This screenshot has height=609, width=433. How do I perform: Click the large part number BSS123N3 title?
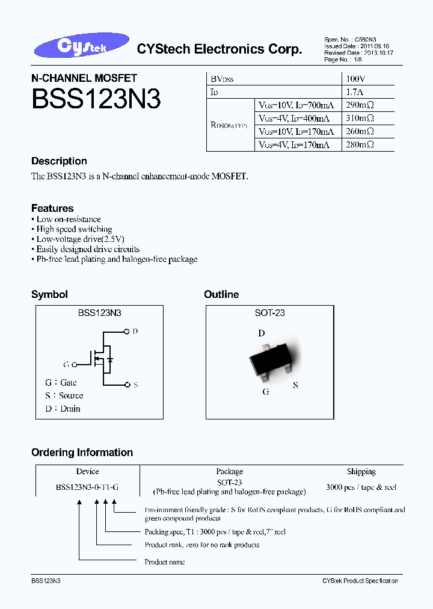click(x=96, y=99)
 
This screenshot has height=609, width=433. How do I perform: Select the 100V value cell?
click(x=356, y=79)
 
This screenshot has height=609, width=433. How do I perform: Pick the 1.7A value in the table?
click(x=355, y=92)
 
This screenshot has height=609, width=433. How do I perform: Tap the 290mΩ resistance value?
click(x=360, y=105)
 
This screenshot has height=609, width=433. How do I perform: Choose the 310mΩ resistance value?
click(x=360, y=118)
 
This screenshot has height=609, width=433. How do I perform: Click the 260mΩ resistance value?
click(x=360, y=131)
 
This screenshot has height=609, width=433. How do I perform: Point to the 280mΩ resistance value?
click(x=360, y=144)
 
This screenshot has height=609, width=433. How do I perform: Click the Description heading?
click(x=59, y=161)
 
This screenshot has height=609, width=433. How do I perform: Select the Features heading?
click(x=52, y=208)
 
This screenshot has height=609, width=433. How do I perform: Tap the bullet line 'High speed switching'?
click(x=73, y=229)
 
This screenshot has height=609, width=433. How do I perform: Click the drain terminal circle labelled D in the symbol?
click(x=127, y=331)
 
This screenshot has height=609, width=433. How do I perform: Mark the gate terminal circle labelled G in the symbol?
click(x=74, y=364)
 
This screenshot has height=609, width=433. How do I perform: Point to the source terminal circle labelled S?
click(x=127, y=385)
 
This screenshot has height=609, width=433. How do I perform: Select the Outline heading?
click(x=221, y=294)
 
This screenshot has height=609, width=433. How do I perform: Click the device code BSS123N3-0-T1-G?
click(x=88, y=488)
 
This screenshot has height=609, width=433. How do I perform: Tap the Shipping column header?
click(x=361, y=472)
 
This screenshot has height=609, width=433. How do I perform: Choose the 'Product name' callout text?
click(x=164, y=562)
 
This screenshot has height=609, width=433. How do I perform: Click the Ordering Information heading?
click(x=82, y=453)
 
